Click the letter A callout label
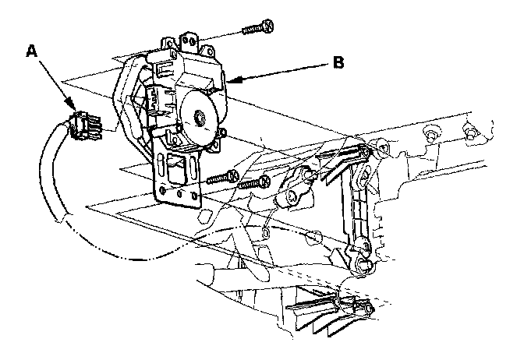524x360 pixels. (x=31, y=51)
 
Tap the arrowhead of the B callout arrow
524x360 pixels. (x=228, y=79)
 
